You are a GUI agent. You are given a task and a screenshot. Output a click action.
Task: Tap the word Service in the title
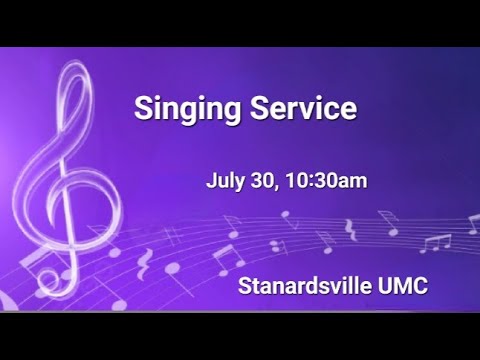(298, 107)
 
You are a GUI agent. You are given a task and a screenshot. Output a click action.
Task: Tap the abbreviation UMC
(402, 286)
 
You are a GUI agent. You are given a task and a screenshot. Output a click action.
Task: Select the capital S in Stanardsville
(245, 286)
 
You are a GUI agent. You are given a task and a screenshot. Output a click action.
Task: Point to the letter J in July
(211, 182)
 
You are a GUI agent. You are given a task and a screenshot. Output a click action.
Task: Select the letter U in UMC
(385, 286)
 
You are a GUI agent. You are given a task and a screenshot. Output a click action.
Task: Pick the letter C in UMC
(420, 286)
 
